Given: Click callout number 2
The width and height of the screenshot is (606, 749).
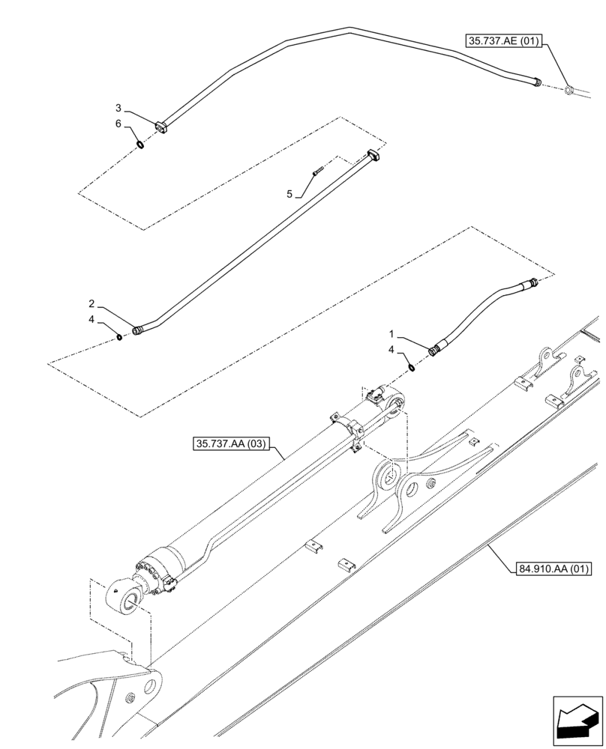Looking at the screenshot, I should pos(91,303).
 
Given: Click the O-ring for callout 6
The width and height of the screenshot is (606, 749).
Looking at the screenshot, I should pos(140,143).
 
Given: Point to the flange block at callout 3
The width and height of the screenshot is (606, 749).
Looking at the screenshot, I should pos(160,127).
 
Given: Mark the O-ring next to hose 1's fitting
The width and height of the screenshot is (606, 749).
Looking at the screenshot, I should pos(412,366).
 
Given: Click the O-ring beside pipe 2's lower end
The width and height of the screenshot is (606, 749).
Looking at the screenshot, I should pos(119,337).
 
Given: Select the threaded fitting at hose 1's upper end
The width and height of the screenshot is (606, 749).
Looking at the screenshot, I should pos(533,282).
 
